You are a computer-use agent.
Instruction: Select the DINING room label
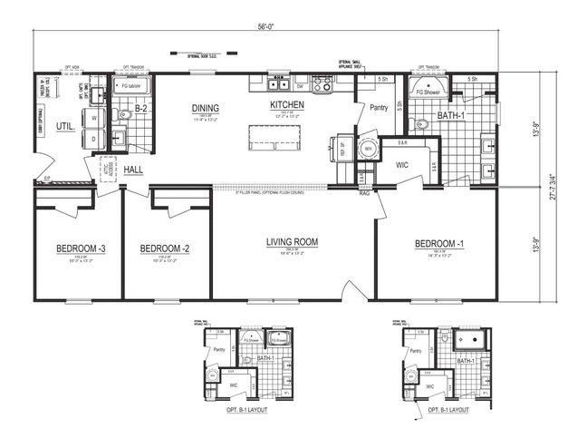(205, 110)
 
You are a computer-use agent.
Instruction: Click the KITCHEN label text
(286, 106)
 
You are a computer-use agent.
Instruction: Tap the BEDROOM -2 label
(164, 248)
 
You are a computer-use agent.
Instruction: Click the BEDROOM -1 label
(439, 244)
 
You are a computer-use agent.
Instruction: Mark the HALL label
(133, 170)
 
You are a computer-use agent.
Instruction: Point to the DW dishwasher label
(299, 88)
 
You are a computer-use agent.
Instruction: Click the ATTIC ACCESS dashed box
(108, 170)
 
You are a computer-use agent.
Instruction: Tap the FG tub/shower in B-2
(133, 87)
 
